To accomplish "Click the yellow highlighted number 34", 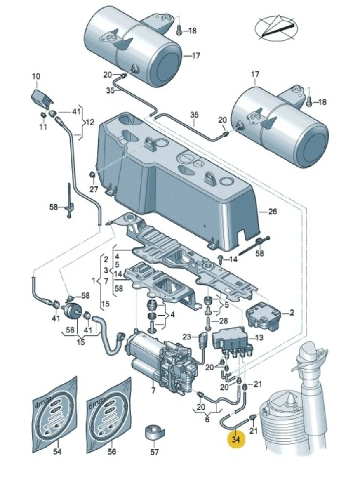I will [235, 440].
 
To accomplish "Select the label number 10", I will [36, 76].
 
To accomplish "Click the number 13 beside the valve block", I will [258, 338].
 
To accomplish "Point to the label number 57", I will [154, 452].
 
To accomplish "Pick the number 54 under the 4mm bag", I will [57, 452].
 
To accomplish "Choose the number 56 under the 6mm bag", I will [112, 452].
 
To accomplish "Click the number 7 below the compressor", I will [153, 390].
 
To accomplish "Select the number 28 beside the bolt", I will [223, 321].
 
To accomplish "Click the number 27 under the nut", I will [94, 189].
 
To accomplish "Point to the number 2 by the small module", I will [292, 313].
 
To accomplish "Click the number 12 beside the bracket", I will [89, 122].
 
